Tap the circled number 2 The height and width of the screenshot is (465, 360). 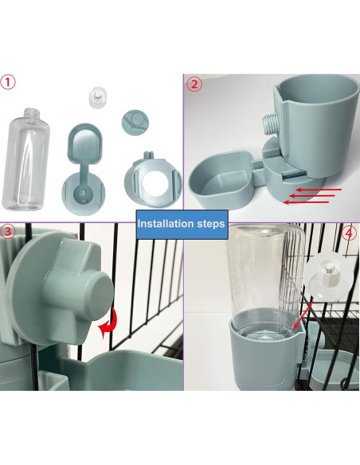194,84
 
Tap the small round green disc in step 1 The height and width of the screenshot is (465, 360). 135,122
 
